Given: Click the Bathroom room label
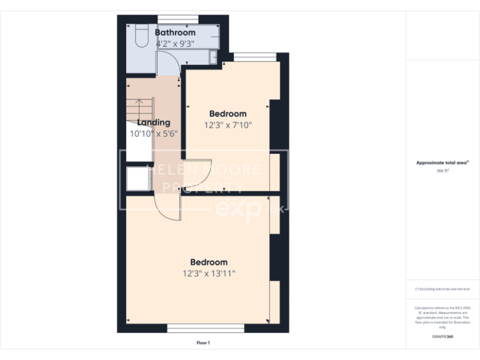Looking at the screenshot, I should [175, 32].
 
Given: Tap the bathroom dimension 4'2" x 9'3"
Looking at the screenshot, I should [175, 44].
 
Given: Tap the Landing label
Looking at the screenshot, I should [154, 122].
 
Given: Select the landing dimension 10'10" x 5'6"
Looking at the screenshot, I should [154, 133].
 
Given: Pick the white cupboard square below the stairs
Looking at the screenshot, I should [137, 178].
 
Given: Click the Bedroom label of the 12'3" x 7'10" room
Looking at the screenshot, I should [227, 114].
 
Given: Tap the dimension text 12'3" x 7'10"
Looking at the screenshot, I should [227, 124].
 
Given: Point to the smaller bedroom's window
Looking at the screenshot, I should [255, 57].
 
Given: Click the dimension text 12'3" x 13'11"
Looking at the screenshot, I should [209, 273].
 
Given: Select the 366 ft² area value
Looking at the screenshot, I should [442, 169].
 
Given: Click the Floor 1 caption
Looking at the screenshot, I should [203, 342].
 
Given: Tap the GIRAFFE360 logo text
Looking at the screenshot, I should [442, 337].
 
